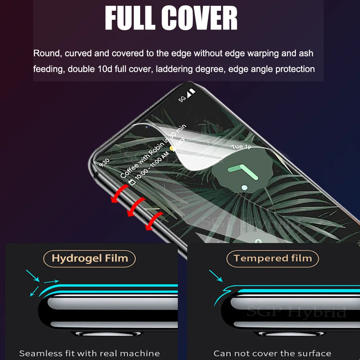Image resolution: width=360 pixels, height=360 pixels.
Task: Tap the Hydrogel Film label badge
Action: [x=90, y=258]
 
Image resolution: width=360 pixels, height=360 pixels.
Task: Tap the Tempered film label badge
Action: [x=273, y=258]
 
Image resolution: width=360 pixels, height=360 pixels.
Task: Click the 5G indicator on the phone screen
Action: [x=183, y=98]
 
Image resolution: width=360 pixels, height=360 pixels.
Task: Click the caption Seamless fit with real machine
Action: [x=89, y=353]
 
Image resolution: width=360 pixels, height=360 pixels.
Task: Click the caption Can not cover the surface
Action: [x=272, y=353]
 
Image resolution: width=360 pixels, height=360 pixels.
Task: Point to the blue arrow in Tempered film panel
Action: [x=216, y=276]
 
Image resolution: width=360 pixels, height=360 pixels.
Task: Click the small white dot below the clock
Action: [x=245, y=188]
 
